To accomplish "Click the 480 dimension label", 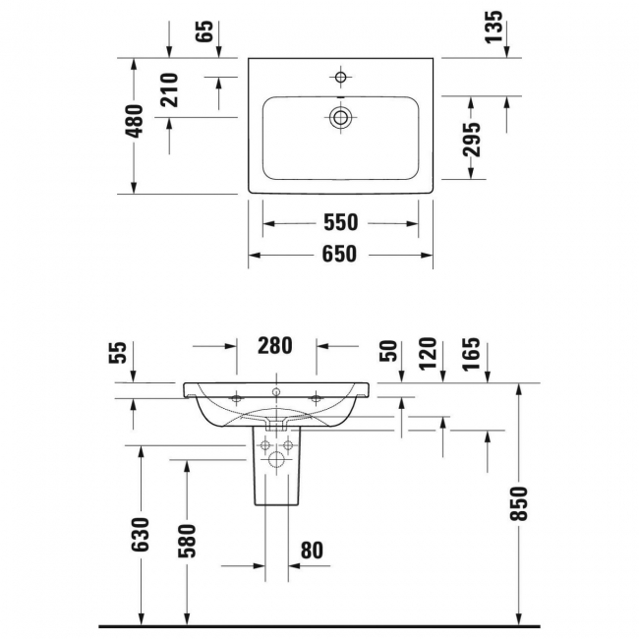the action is pyautogui.click(x=135, y=121).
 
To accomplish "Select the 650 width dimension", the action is pyautogui.click(x=339, y=254).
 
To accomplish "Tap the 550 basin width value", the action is pyautogui.click(x=341, y=222).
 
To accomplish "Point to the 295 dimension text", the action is pyautogui.click(x=472, y=140).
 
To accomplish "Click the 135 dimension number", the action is pyautogui.click(x=494, y=27).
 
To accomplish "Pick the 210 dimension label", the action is pyautogui.click(x=169, y=90).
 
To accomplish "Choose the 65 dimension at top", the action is pyautogui.click(x=204, y=30).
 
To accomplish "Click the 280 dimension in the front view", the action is pyautogui.click(x=275, y=346).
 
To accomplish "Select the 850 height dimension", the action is pyautogui.click(x=519, y=503).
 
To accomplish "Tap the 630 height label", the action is pyautogui.click(x=141, y=534).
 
